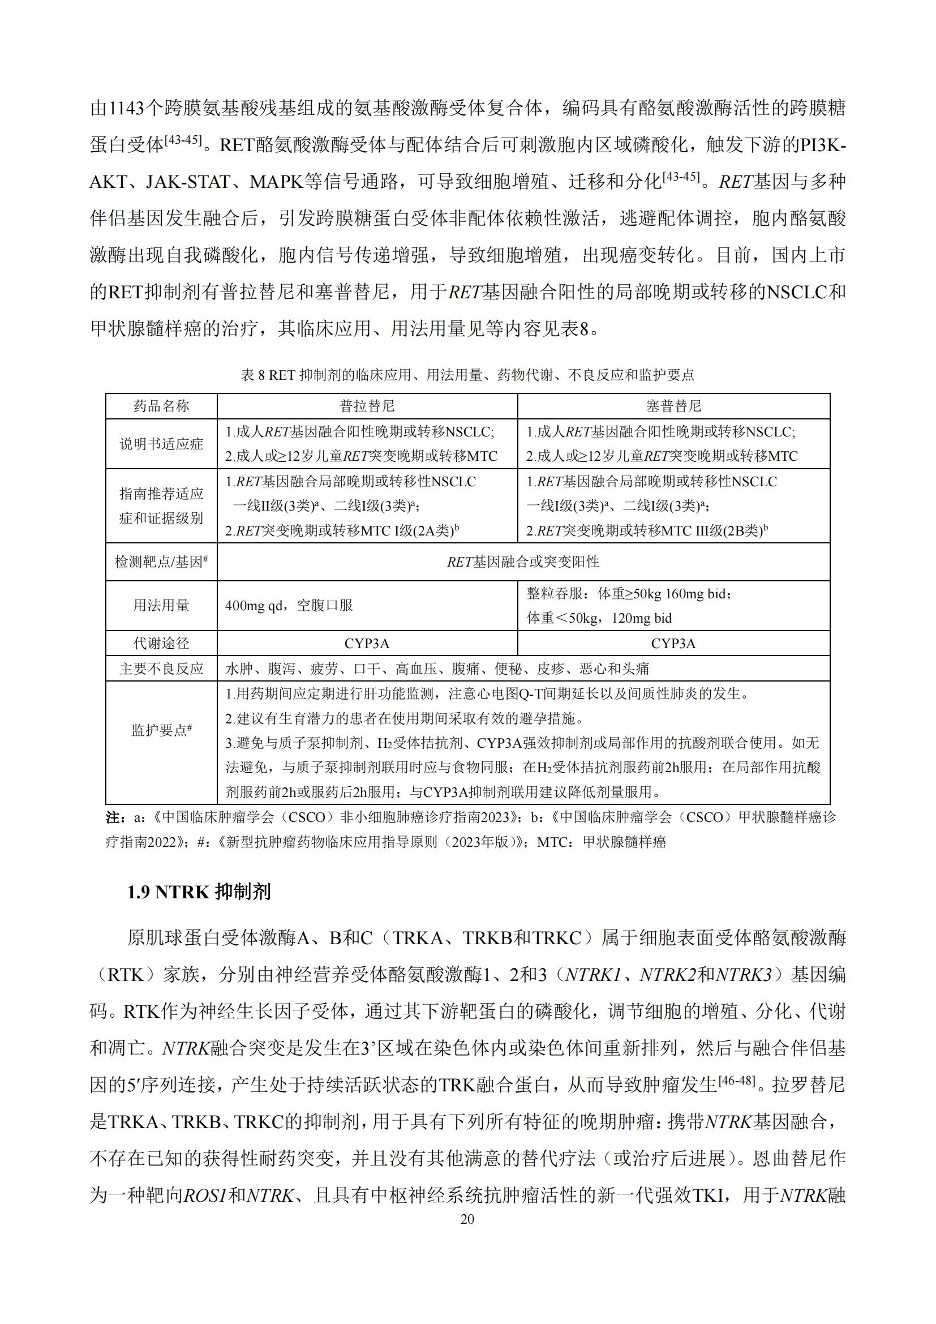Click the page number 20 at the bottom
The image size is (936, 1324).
click(x=467, y=1219)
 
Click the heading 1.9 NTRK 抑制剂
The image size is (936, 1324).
click(x=199, y=892)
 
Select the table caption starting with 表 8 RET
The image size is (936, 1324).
click(x=467, y=375)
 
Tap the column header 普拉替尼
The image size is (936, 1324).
click(x=367, y=406)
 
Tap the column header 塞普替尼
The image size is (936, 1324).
click(x=673, y=406)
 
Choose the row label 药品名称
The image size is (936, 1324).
click(x=161, y=406)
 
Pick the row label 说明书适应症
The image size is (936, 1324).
click(x=161, y=443)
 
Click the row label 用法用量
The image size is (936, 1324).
click(x=161, y=605)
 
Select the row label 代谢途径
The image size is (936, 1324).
click(x=161, y=643)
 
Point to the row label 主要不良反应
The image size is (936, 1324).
click(x=161, y=669)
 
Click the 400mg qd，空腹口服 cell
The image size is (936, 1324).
click(x=289, y=605)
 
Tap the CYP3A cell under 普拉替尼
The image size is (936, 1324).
click(x=367, y=643)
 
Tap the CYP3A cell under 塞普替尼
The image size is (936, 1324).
click(x=673, y=643)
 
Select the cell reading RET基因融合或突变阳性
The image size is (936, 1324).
click(x=523, y=562)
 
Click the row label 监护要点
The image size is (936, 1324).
click(x=161, y=731)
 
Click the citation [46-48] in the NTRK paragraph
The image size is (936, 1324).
click(x=737, y=1080)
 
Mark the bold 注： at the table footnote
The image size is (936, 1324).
click(x=116, y=817)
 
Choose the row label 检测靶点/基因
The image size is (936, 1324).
click(x=161, y=562)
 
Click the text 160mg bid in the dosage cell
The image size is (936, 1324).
click(x=698, y=593)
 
